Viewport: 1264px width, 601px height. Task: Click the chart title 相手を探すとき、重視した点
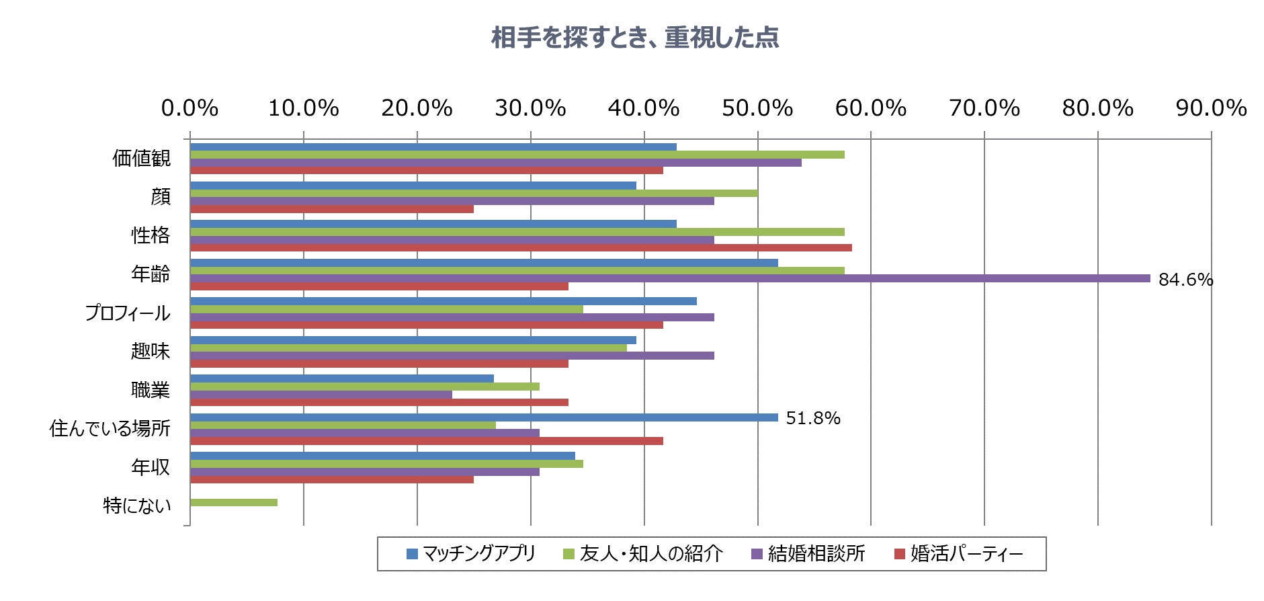click(634, 38)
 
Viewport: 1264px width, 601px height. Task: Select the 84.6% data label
click(1185, 280)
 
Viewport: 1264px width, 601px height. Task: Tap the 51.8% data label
click(813, 418)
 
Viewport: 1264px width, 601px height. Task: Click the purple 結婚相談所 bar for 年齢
click(669, 278)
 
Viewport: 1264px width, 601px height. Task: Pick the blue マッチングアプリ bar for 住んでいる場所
click(484, 417)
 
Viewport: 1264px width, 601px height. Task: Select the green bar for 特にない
click(234, 503)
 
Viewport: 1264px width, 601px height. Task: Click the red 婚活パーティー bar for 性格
click(521, 247)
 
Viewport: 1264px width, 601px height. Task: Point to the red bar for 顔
click(332, 209)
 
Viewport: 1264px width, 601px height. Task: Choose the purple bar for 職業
click(321, 395)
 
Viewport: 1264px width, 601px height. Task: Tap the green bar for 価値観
click(517, 155)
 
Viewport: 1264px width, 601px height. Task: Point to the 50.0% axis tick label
click(757, 108)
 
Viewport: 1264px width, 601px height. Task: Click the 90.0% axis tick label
click(1211, 108)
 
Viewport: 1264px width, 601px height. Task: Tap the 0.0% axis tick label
click(190, 108)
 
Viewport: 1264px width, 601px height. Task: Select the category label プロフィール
click(128, 313)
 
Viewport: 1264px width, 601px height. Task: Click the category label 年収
click(151, 467)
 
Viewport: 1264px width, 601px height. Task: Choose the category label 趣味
click(151, 352)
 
